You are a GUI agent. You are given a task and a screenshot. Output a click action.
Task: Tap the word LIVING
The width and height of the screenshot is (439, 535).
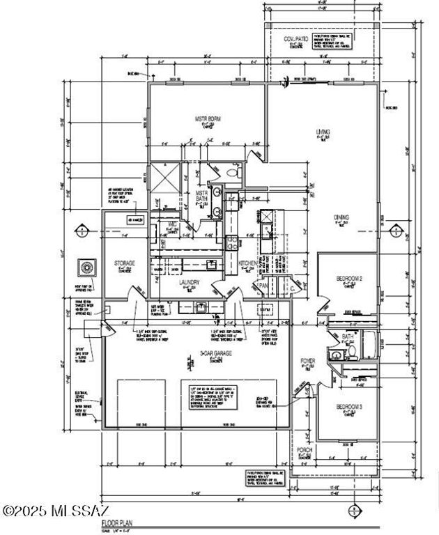pos(323,132)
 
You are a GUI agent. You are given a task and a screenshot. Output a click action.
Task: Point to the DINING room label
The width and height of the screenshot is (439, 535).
pos(341,217)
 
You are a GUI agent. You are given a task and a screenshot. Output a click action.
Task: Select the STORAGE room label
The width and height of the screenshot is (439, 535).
pos(125,263)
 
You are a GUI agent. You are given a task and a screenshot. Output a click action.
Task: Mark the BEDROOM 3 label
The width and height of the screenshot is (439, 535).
pos(348,406)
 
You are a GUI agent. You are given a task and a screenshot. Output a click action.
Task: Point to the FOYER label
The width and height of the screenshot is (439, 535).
pos(307,361)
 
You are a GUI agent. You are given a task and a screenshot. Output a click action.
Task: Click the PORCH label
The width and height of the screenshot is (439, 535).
pos(305,449)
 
